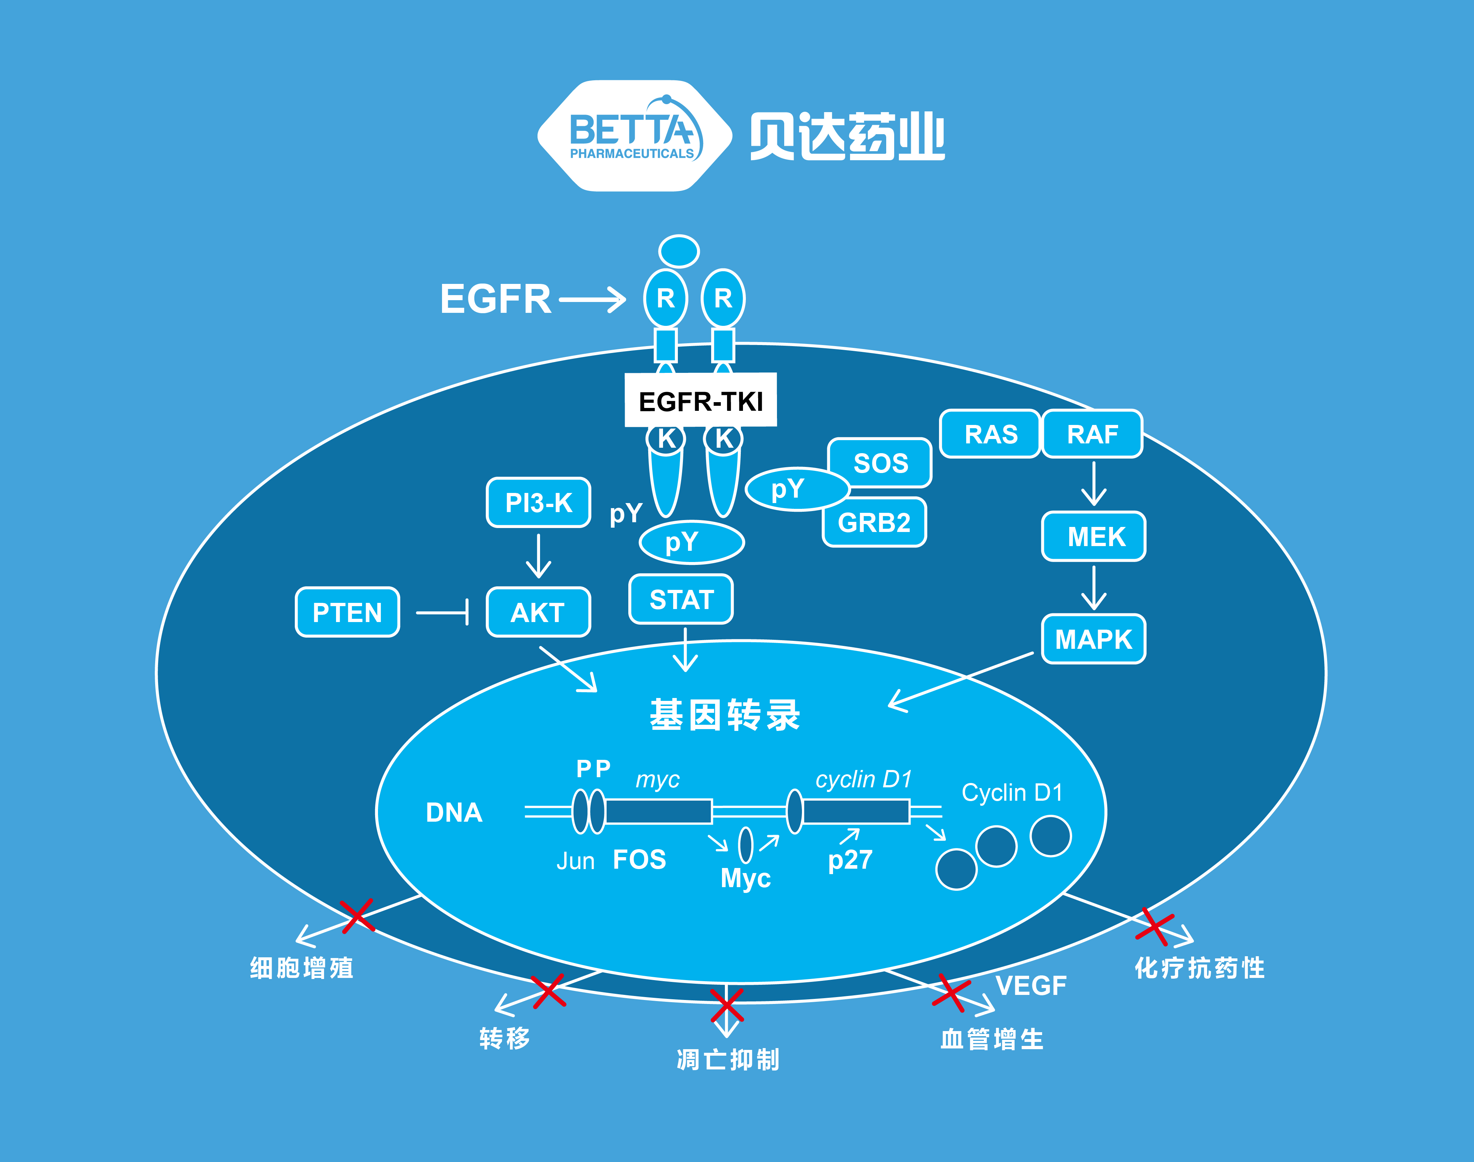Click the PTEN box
point(347,612)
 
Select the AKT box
point(538,612)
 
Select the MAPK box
point(1093,639)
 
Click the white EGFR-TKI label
point(701,401)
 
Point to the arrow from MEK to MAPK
point(1093,587)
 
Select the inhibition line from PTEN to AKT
point(442,612)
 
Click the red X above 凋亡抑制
point(727,1005)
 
